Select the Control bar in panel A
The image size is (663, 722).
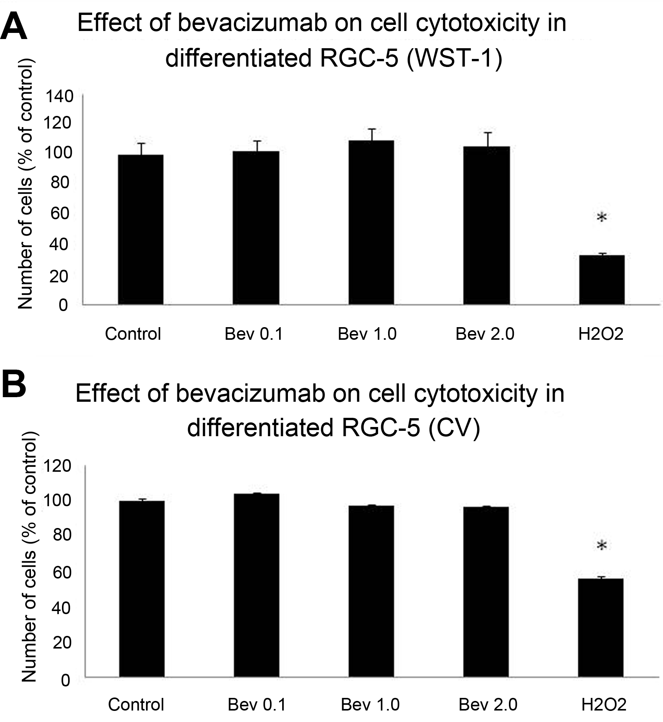click(x=141, y=230)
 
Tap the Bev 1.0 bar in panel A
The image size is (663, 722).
click(x=371, y=222)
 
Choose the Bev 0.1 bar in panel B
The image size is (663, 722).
click(x=257, y=585)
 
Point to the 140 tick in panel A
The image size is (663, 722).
click(x=60, y=96)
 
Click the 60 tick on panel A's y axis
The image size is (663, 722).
click(x=60, y=213)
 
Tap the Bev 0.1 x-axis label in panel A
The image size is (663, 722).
click(x=253, y=334)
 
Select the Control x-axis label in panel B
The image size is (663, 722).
click(x=136, y=704)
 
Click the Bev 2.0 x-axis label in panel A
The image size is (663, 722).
click(x=484, y=334)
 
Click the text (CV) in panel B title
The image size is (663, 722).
click(x=454, y=427)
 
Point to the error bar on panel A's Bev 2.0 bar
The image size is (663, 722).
click(x=487, y=139)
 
